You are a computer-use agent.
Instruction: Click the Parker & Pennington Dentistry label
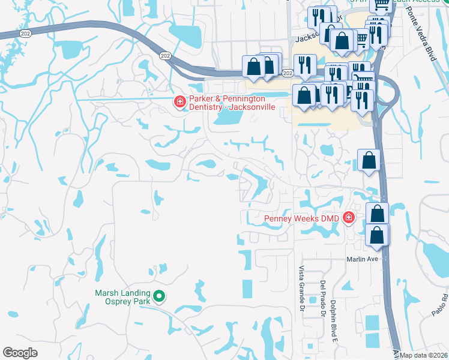pos(232,103)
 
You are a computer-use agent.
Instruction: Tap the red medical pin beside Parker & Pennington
pos(179,103)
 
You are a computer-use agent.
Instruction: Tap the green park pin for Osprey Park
pos(159,296)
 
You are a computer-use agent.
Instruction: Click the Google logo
pos(20,353)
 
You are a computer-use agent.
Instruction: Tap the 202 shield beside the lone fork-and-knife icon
pos(288,73)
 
